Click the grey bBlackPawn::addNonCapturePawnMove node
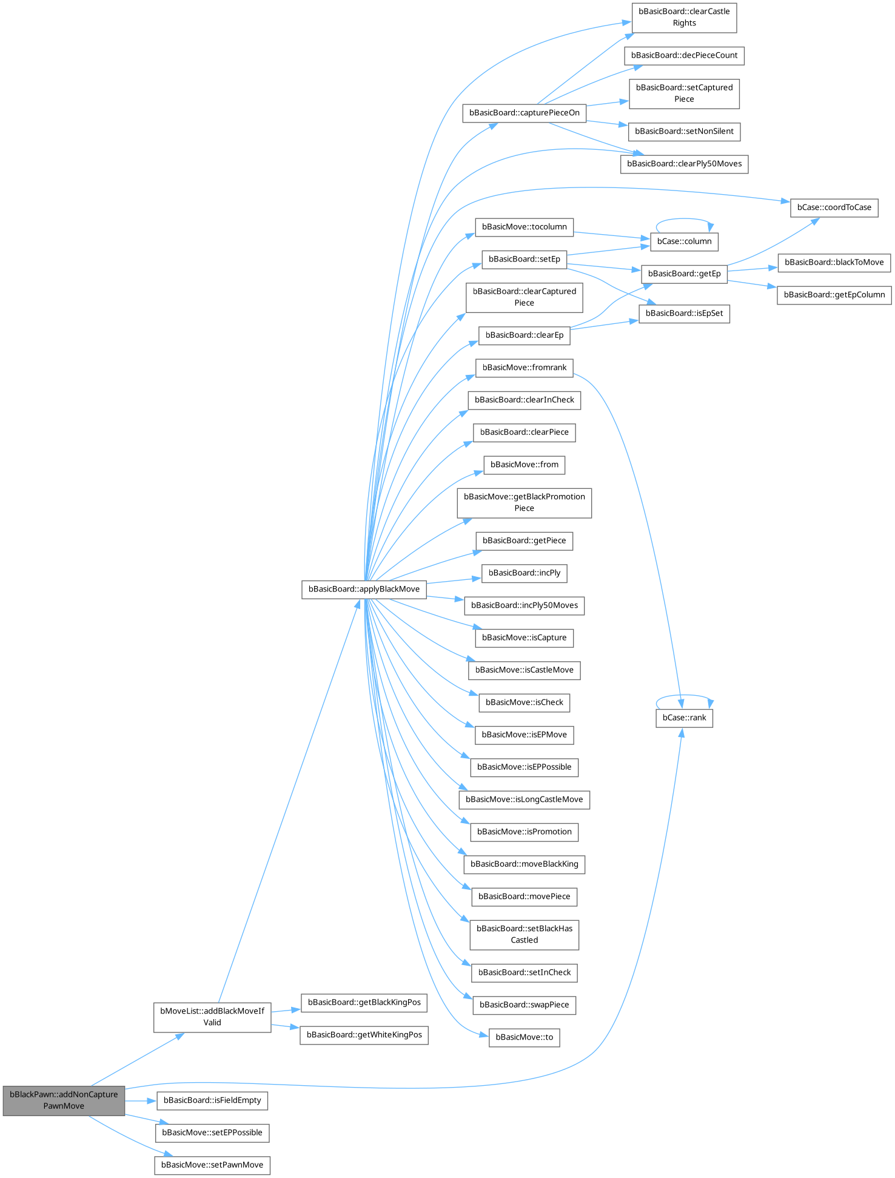pyautogui.click(x=64, y=1100)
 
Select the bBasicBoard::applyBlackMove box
pyautogui.click(x=364, y=589)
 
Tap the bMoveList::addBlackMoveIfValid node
pyautogui.click(x=212, y=1017)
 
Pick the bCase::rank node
pyautogui.click(x=684, y=718)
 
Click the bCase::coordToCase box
pyautogui.click(x=834, y=207)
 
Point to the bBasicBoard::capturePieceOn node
pyautogui.click(x=524, y=113)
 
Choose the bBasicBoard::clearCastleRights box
pyautogui.click(x=684, y=17)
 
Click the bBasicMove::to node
pyautogui.click(x=524, y=1037)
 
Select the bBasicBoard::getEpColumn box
pyautogui.click(x=834, y=295)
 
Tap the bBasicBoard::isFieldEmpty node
pyautogui.click(x=212, y=1100)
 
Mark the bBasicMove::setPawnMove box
pyautogui.click(x=212, y=1165)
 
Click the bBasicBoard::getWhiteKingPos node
pyautogui.click(x=364, y=1035)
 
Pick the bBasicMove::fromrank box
pyautogui.click(x=524, y=368)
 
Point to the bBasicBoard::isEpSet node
pyautogui.click(x=684, y=314)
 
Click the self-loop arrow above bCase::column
pyautogui.click(x=684, y=220)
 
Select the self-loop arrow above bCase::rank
pyautogui.click(x=684, y=696)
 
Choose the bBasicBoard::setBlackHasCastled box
pyautogui.click(x=524, y=934)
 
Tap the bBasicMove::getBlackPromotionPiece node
pyautogui.click(x=524, y=502)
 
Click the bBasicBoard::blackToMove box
pyautogui.click(x=834, y=263)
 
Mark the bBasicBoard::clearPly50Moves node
pyautogui.click(x=684, y=164)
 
